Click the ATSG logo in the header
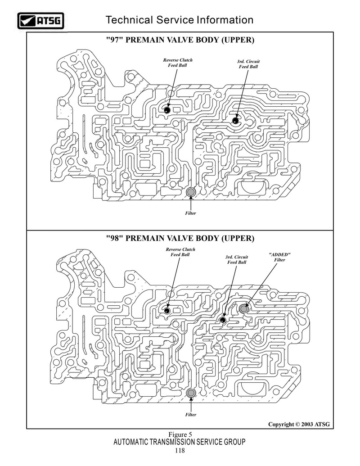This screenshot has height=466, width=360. click(40, 21)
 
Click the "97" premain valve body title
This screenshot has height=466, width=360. click(180, 40)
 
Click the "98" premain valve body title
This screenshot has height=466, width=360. click(180, 238)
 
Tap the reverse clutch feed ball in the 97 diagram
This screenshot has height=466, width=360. click(166, 110)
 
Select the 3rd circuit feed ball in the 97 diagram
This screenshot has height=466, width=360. click(236, 121)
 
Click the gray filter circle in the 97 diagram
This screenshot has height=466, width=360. click(190, 193)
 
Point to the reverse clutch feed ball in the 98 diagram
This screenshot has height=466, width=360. click(166, 311)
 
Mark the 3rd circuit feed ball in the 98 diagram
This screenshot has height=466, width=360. click(222, 320)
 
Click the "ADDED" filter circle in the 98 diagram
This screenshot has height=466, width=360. click(243, 309)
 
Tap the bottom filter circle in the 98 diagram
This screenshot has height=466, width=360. click(190, 393)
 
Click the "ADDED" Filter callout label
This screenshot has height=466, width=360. click(279, 257)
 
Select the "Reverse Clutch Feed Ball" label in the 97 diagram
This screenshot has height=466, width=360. click(178, 63)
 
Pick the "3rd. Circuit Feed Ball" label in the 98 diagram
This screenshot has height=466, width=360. click(237, 259)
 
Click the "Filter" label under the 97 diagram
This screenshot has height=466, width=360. click(190, 213)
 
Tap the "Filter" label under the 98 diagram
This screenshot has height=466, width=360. click(190, 415)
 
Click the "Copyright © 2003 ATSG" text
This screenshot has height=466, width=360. click(299, 425)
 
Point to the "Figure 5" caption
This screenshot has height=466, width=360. click(180, 434)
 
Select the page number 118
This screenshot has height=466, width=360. click(180, 451)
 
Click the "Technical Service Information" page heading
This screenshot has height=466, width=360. click(180, 20)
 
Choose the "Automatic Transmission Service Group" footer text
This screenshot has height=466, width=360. click(180, 442)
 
